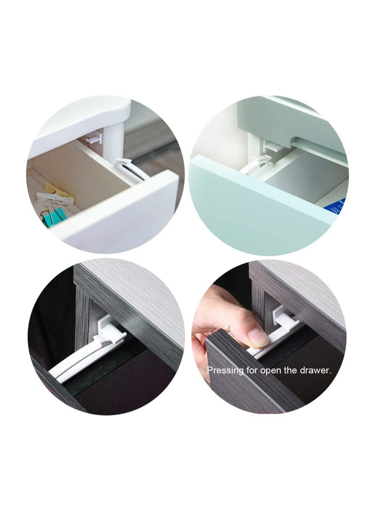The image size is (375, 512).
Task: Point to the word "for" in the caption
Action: (253, 370)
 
